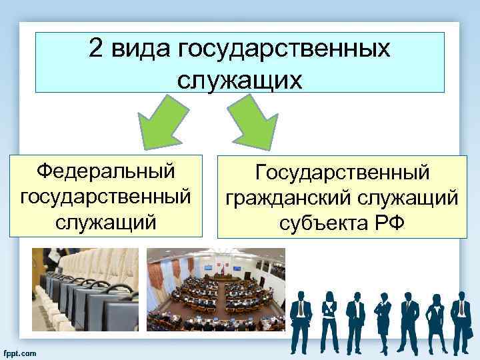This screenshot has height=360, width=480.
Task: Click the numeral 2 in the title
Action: tap(97, 49)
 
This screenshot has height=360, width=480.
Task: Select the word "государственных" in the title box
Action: tap(283, 49)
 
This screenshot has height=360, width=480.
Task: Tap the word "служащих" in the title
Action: tap(240, 79)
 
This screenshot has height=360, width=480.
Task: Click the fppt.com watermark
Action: tap(21, 351)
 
